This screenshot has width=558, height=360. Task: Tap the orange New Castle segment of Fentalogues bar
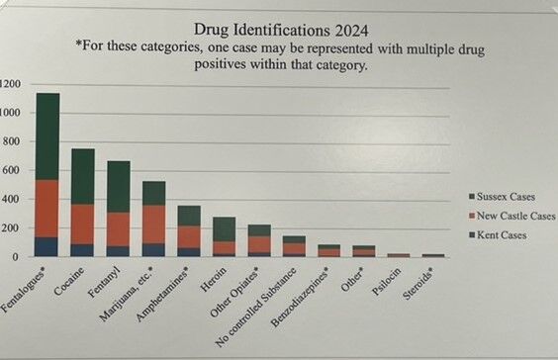[47, 208]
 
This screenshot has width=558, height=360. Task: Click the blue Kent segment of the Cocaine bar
[82, 249]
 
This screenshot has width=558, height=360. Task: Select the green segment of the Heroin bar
[224, 229]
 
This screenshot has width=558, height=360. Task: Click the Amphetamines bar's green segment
[188, 216]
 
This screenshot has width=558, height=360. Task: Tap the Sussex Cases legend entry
[504, 197]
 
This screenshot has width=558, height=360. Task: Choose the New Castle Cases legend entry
[510, 216]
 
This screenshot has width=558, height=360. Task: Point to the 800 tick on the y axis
[11, 141]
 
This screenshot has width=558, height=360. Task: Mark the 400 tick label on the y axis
[11, 199]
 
